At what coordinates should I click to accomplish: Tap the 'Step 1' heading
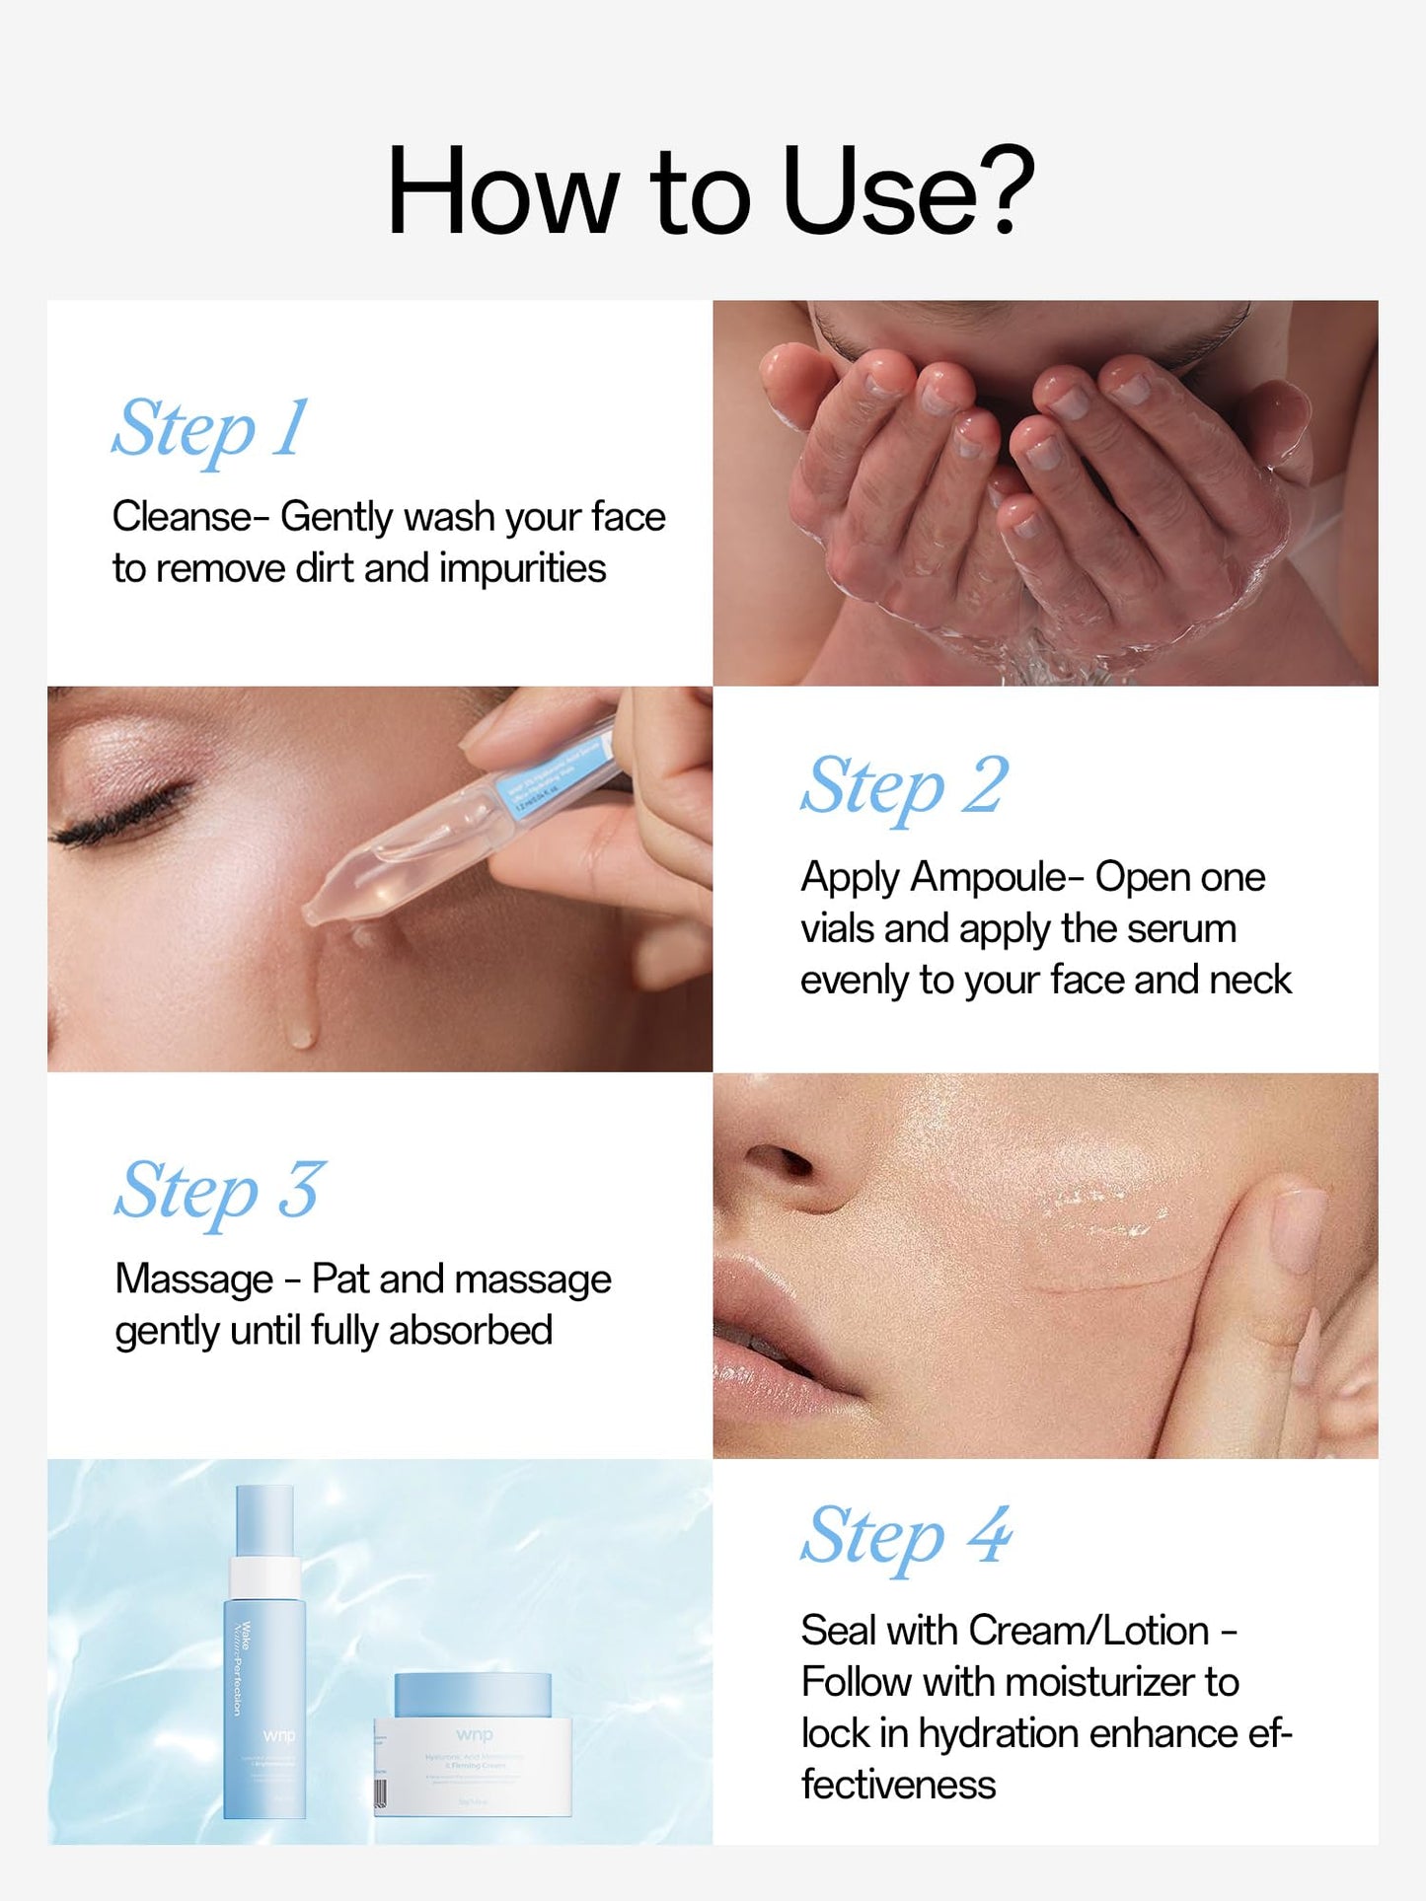pos(210,428)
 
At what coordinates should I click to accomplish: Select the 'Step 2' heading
pos(904,786)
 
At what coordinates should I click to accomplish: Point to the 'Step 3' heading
pos(219,1191)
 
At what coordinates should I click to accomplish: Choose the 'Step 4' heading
pos(906,1536)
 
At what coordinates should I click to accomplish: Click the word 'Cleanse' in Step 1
pos(182,517)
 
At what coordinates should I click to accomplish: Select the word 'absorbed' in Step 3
pos(471,1331)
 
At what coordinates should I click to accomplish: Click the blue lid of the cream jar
pos(473,1695)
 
